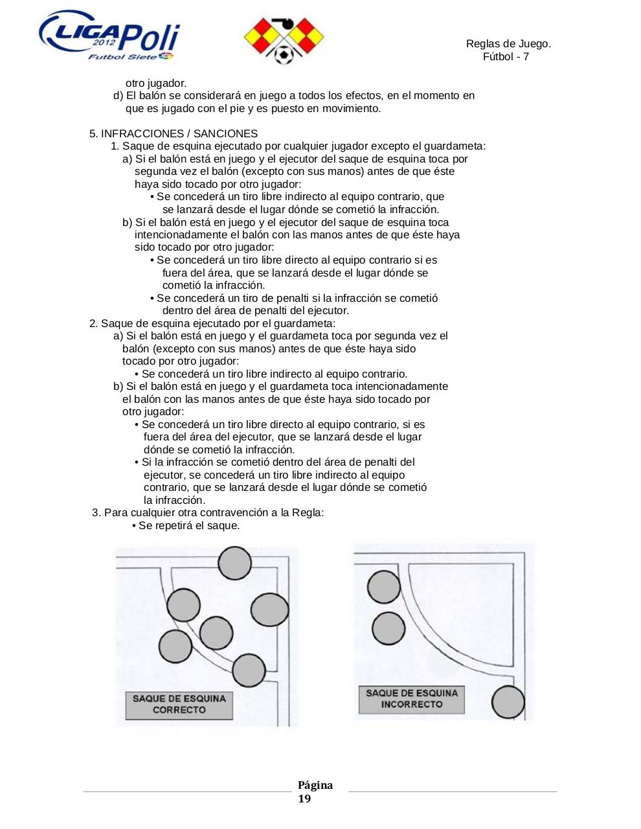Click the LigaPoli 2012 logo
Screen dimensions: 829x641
109,38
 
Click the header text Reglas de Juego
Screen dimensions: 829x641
508,44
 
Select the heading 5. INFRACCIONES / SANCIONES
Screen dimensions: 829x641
174,134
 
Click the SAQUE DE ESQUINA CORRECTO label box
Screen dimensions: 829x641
179,705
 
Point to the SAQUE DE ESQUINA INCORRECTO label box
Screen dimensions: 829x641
411,699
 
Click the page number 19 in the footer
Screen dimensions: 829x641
304,799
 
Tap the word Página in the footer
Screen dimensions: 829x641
315,786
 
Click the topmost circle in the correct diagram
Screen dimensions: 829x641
234,562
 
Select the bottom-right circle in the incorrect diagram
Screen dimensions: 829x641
508,702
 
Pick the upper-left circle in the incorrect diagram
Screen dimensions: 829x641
384,587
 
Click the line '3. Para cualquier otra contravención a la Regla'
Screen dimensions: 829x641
208,513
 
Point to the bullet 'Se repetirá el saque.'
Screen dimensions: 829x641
188,526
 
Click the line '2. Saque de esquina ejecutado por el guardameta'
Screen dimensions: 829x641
212,323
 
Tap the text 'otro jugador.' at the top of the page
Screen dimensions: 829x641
156,84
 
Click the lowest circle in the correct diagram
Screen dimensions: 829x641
248,670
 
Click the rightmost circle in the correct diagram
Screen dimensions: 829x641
269,610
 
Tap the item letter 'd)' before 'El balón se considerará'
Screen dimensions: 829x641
118,96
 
